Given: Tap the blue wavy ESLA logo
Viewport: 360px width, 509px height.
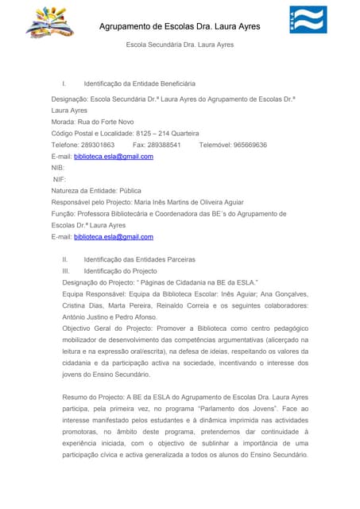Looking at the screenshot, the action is [308, 20].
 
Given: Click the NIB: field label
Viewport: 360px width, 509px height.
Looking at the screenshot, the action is [57, 168].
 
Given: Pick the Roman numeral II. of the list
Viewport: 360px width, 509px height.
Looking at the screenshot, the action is [66, 260].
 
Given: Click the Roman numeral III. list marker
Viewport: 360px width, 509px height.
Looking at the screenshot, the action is [67, 271].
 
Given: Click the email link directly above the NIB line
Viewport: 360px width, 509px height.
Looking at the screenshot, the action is [113, 157].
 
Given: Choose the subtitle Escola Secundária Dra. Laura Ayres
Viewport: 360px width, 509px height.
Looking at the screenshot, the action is [180, 45].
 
